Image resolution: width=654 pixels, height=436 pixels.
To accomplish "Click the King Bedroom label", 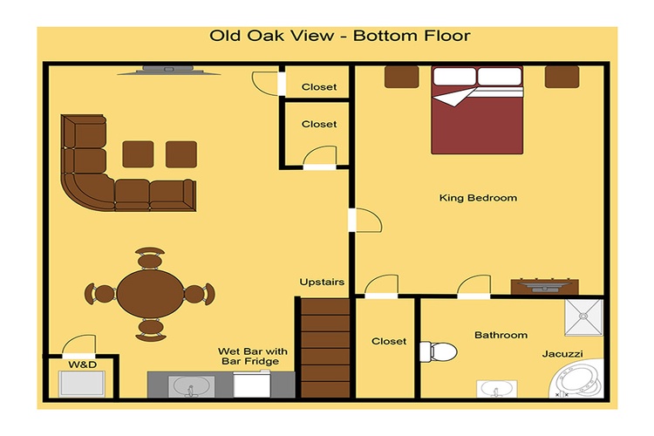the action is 478,198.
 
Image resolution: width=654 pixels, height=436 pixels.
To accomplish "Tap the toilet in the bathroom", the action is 438,351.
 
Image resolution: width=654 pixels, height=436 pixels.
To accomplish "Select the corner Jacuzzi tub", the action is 577,378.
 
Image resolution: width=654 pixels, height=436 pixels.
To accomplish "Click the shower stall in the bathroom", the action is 584,317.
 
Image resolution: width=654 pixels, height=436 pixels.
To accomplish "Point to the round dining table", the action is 150,294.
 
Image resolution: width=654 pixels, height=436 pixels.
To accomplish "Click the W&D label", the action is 83,364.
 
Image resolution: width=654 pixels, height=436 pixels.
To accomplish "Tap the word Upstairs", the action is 322,282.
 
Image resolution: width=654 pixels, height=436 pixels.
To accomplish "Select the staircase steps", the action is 325,348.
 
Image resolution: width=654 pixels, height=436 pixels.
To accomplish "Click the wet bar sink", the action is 192,387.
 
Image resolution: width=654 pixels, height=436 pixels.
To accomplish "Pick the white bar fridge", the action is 251,385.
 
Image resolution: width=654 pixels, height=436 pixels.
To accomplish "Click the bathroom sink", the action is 497,389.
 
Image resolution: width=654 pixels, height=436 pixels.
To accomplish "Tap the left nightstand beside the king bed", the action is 401,77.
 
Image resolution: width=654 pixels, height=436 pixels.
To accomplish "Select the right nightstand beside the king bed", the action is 562,77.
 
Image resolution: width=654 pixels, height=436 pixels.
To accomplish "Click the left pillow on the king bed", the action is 454,77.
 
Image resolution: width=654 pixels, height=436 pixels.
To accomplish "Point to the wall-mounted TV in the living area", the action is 168,70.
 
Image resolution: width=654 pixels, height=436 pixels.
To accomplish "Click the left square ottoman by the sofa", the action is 138,154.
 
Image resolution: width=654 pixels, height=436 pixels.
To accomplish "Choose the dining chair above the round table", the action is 150,258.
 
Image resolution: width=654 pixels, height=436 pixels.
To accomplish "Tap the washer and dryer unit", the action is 81,384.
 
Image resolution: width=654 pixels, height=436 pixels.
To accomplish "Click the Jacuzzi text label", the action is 562,354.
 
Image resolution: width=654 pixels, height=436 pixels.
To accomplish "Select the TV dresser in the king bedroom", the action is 545,287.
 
